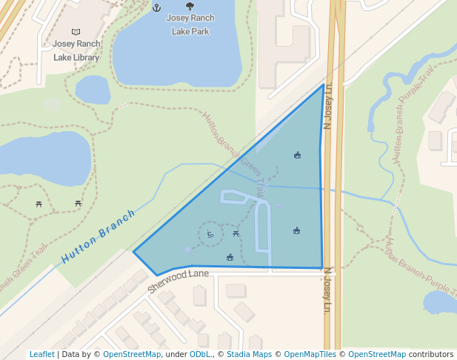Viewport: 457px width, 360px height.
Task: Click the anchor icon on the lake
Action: point(156,7)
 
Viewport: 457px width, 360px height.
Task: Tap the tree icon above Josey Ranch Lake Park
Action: point(190,7)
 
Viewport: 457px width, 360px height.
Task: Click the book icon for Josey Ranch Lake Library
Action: point(76,32)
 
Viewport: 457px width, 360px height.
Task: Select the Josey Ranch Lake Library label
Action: point(76,50)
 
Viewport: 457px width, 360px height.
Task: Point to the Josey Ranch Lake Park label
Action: point(190,24)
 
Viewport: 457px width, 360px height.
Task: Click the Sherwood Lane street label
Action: point(179,281)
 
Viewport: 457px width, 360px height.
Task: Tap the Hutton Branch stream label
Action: point(99,237)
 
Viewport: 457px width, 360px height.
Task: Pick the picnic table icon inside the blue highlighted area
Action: point(236,234)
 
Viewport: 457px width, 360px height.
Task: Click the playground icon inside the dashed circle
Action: point(210,235)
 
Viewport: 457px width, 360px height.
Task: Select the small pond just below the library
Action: point(93,90)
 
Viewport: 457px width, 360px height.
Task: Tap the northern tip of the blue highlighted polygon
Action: point(324,85)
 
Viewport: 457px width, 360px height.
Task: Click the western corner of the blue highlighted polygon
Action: point(134,252)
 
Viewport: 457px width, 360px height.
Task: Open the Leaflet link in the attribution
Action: point(42,354)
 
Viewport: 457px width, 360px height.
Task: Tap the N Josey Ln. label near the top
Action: point(330,104)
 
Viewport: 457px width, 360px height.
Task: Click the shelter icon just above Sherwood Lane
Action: point(230,258)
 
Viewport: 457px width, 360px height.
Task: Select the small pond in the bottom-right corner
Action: point(440,301)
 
